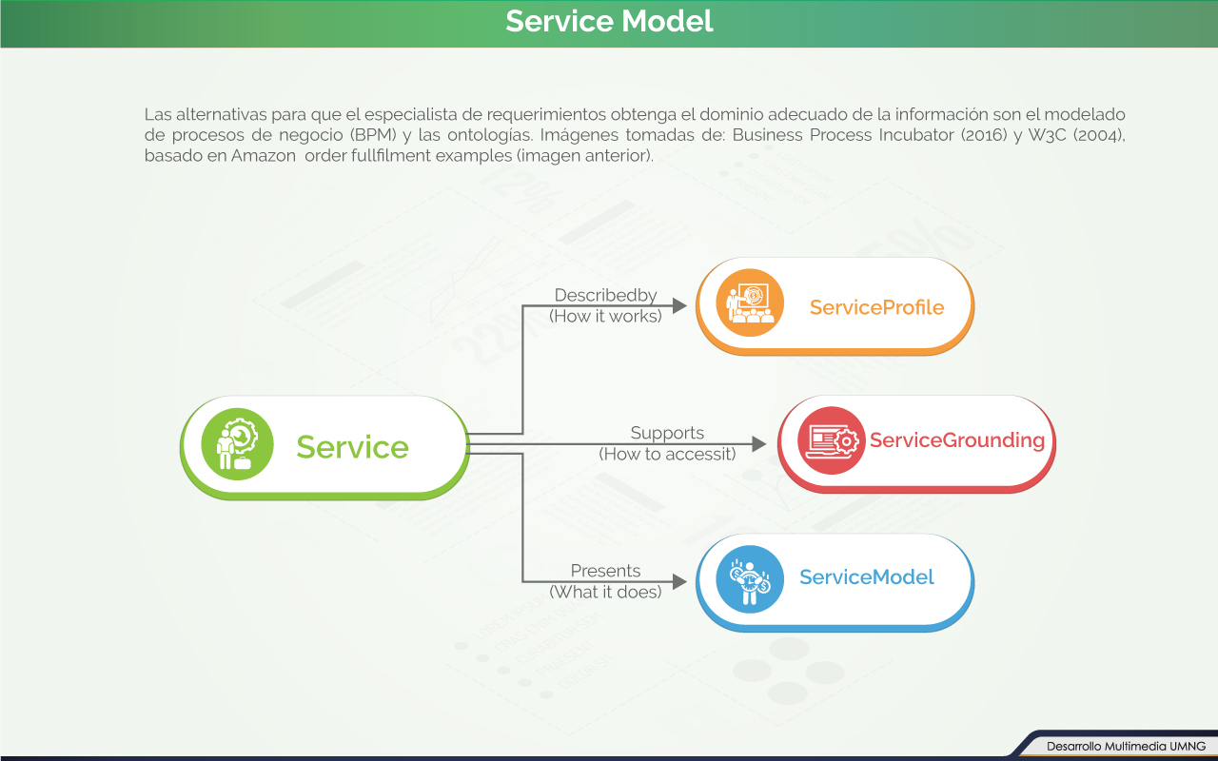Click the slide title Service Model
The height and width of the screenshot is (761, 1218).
point(609,21)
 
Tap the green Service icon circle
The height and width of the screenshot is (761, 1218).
point(237,445)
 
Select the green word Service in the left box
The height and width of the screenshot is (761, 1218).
point(352,447)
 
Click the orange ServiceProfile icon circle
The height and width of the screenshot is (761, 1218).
point(750,302)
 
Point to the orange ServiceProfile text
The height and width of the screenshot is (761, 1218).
point(876,307)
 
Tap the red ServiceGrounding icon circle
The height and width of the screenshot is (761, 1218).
point(831,440)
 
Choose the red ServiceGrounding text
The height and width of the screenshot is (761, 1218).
point(956,440)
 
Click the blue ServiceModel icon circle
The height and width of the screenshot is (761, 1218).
point(750,578)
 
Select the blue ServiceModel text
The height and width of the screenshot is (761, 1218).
point(866,577)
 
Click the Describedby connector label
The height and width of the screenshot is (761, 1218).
point(605,296)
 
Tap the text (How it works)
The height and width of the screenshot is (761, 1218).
point(605,316)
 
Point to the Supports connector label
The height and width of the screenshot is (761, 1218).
point(667,434)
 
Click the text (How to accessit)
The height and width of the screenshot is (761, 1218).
point(667,455)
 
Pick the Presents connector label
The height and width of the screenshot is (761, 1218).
point(605,571)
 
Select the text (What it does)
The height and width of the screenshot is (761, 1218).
point(605,592)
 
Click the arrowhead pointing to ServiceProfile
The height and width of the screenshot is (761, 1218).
point(679,305)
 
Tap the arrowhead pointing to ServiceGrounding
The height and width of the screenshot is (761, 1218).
point(759,444)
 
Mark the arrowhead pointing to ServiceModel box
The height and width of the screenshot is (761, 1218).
point(679,581)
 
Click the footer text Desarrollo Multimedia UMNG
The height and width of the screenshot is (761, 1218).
point(1126,746)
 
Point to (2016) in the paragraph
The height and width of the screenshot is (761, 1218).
point(985,135)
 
